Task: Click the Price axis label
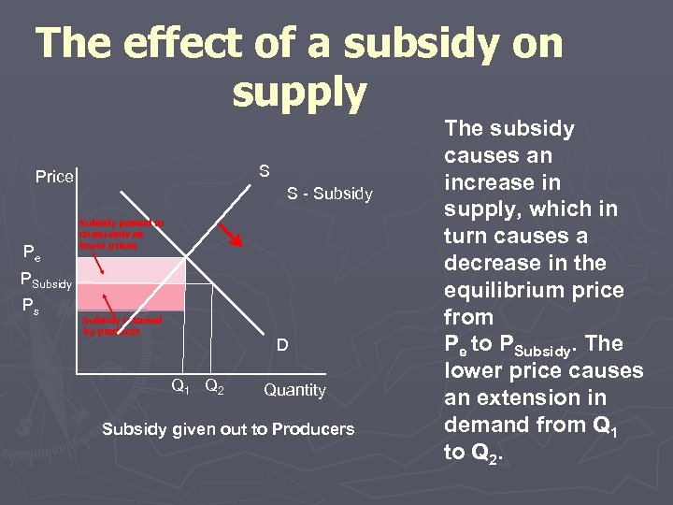pos(54,176)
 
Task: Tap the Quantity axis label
pos(294,390)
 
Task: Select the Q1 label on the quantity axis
pos(181,385)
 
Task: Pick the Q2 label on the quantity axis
pos(213,385)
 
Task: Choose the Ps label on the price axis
pos(31,304)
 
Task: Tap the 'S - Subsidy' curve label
pos(329,195)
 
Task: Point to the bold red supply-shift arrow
pos(231,235)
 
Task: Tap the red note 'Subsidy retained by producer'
pos(122,325)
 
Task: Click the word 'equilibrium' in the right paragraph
pos(502,290)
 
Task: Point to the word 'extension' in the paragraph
pos(529,398)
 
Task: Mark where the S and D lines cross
pos(187,257)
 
